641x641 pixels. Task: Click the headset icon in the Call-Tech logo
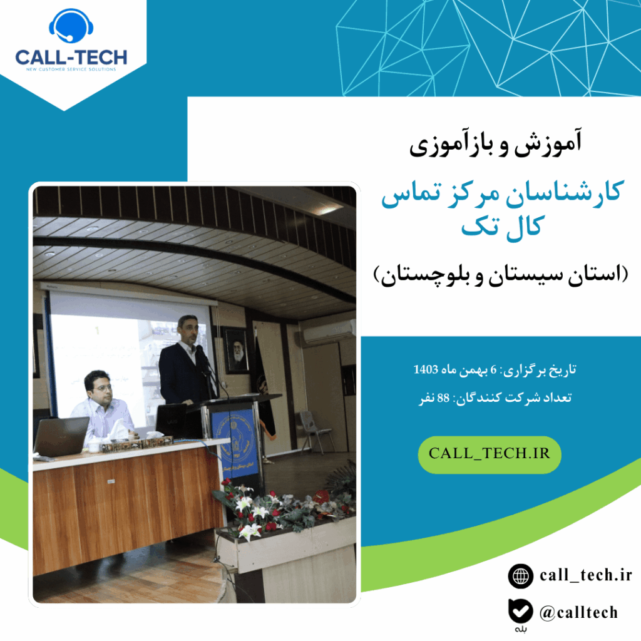(71, 28)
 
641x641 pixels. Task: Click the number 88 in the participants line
(443, 399)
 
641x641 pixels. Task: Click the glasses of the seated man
(101, 387)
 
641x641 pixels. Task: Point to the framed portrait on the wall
(235, 350)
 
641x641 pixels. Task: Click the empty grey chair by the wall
(311, 429)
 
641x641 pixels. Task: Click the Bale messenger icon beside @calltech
(521, 611)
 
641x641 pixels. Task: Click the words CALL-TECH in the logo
(71, 58)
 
